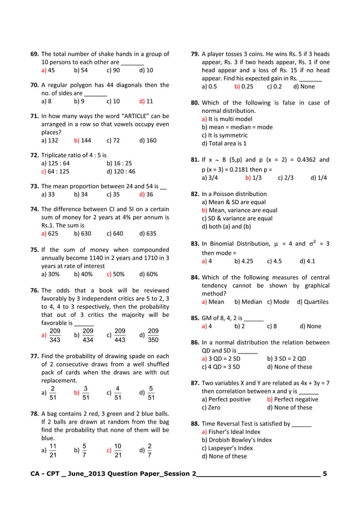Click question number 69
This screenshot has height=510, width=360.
(x=34, y=54)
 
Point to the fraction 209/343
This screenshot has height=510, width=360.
(x=55, y=334)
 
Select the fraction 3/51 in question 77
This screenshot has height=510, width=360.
(x=85, y=392)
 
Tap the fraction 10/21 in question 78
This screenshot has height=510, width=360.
(x=117, y=450)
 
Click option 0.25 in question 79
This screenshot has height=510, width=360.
(x=247, y=86)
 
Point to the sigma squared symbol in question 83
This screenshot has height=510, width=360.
(x=314, y=243)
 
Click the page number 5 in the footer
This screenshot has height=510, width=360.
(x=324, y=473)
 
